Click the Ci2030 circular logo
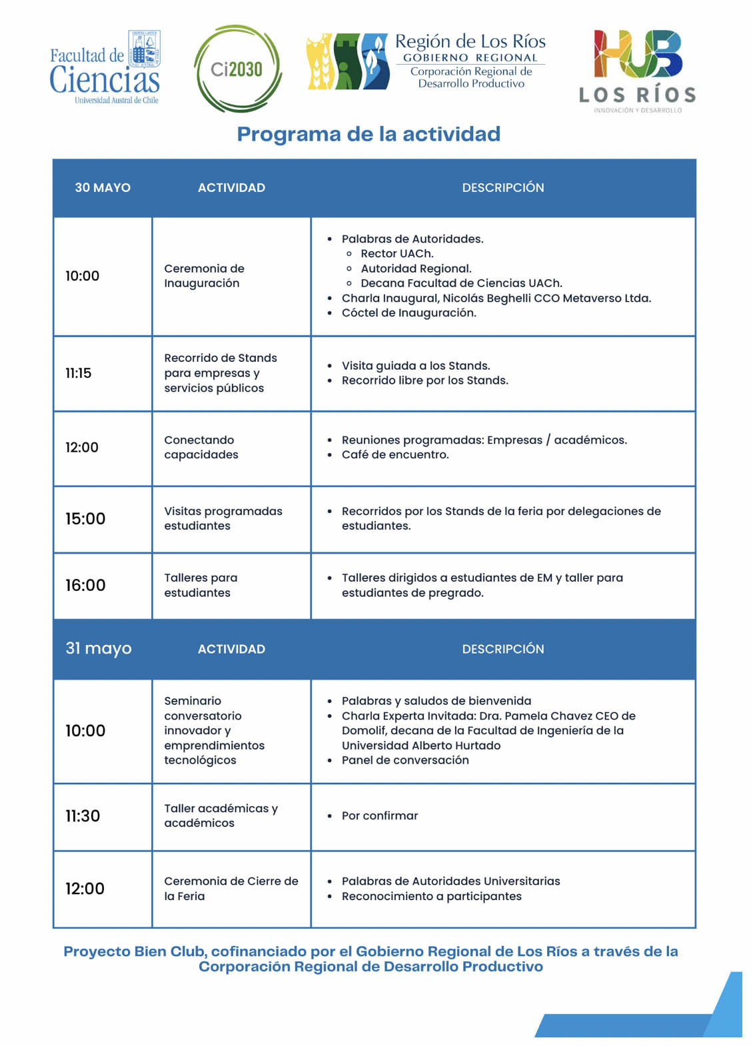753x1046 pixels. tap(238, 69)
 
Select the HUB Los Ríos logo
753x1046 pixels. tap(638, 71)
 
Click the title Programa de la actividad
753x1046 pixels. tap(369, 134)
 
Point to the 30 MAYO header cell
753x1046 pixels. tap(103, 188)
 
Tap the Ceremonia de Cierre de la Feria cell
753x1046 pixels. tap(231, 888)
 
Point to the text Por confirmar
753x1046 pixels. tap(380, 815)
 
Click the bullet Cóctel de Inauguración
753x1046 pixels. tap(408, 313)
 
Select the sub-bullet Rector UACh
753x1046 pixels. tap(396, 254)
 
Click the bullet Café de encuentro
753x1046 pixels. tap(395, 455)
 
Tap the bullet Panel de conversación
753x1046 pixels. tap(405, 760)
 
